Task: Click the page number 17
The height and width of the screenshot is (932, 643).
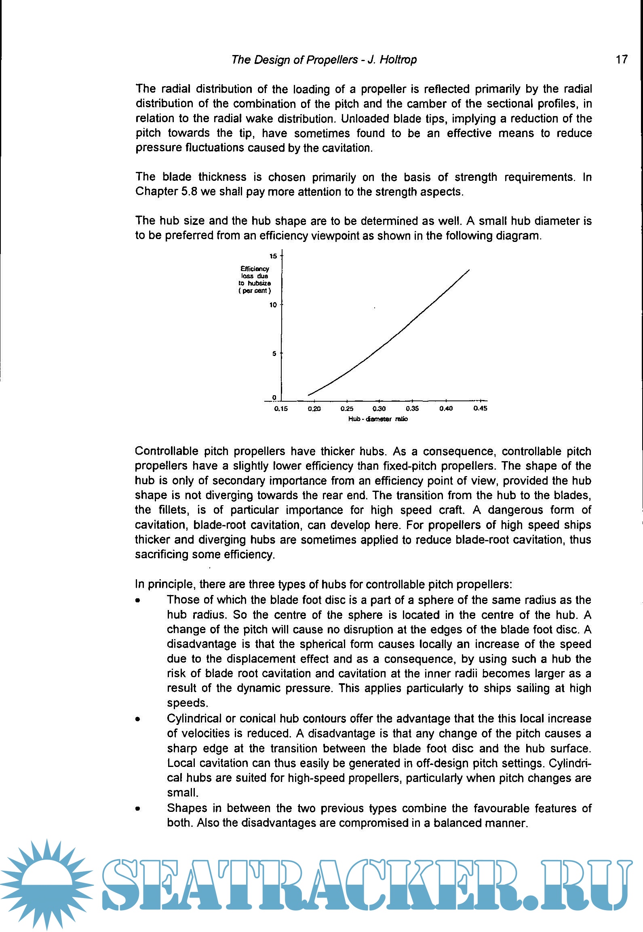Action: tap(622, 59)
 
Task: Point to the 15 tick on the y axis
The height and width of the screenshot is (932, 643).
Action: tap(274, 256)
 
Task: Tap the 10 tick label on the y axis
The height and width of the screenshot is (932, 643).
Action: tap(274, 305)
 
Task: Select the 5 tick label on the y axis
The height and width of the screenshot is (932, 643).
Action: tap(274, 354)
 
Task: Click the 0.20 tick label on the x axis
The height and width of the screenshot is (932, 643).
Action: tap(314, 409)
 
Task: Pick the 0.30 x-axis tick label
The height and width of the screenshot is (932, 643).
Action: tap(379, 409)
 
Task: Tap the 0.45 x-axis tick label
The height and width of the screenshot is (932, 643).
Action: tap(480, 408)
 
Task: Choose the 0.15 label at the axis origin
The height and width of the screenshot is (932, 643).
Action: tap(281, 409)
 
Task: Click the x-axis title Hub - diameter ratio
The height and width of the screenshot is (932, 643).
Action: tap(378, 419)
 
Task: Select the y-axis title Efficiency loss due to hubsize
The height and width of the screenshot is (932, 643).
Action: tap(255, 280)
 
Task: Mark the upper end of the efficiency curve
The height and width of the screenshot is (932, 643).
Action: tap(469, 270)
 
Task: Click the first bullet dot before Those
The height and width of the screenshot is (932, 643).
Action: tap(138, 601)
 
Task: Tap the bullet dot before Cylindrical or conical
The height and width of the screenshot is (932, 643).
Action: tap(138, 720)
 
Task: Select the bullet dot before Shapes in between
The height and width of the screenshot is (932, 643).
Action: tap(138, 809)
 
